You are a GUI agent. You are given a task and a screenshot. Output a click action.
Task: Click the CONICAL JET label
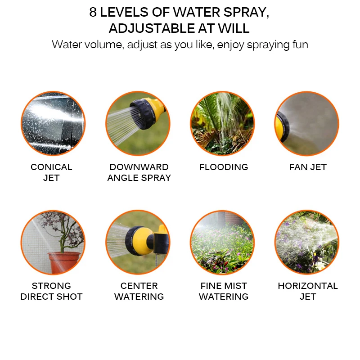[51, 172]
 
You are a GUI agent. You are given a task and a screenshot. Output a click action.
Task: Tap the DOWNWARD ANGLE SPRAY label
[139, 172]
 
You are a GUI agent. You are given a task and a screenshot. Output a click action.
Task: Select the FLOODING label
[224, 167]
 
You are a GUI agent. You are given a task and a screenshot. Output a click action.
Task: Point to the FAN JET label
[308, 167]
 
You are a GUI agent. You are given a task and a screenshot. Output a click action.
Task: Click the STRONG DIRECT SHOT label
[51, 291]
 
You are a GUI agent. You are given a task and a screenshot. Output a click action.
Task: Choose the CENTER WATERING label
[139, 291]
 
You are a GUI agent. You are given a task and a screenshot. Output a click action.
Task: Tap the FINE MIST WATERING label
[224, 291]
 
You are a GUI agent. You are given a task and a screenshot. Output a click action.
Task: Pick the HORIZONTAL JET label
[308, 291]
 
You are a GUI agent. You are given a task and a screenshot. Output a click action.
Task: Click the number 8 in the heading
[93, 13]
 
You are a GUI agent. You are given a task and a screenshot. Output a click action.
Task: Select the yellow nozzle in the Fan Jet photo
[282, 126]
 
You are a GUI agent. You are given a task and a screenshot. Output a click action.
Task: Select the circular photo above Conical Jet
[53, 123]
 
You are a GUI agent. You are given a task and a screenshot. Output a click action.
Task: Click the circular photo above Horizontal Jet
[307, 242]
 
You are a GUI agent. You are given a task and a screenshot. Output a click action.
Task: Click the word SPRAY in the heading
[246, 13]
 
